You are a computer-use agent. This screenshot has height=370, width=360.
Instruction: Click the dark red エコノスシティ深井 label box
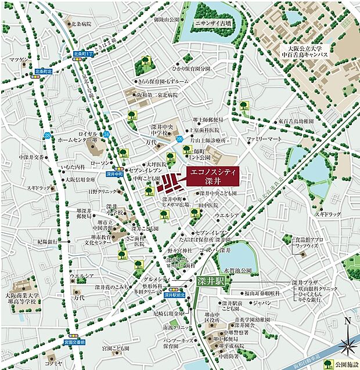[x=213, y=176]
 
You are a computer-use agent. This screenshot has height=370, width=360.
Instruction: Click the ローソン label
[x=116, y=163]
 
